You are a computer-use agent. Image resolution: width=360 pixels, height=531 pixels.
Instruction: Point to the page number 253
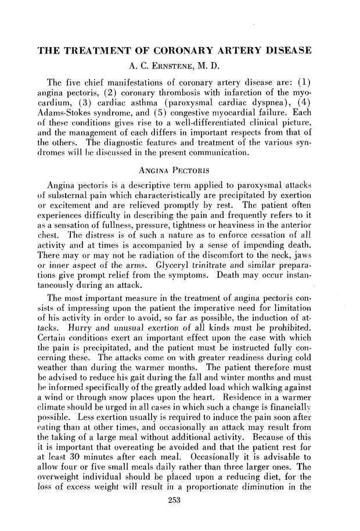(180, 518)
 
